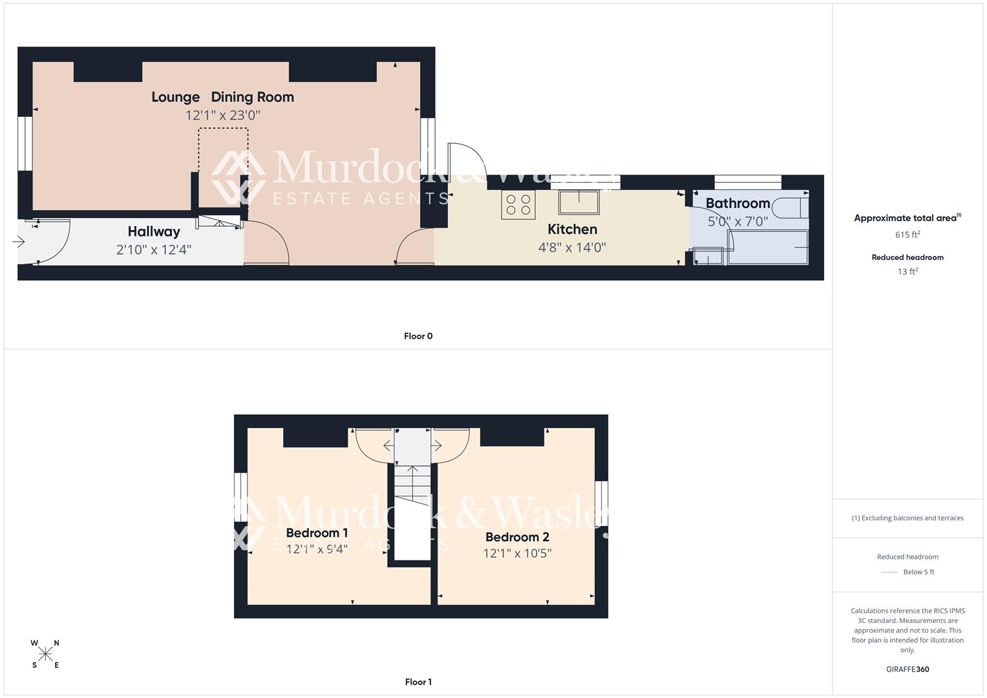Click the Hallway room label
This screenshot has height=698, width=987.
153,231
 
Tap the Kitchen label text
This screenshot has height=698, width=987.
572,229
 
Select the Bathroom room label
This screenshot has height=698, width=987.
738,203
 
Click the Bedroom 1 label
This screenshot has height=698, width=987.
317,533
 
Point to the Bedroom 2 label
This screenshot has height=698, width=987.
517,537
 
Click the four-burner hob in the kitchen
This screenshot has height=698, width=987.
518,205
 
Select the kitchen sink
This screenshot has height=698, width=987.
579,202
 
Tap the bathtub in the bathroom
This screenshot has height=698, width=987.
768,248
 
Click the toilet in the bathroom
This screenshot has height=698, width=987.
793,207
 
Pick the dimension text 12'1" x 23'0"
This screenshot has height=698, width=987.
222,115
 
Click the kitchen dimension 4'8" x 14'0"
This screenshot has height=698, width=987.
572,247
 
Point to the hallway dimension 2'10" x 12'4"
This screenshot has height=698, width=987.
153,249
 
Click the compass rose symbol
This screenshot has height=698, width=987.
45,654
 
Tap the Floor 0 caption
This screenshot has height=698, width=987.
418,336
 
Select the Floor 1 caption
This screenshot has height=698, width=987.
418,682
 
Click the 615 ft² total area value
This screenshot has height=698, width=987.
907,235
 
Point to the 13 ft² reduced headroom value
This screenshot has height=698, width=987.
907,271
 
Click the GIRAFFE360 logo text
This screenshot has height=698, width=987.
907,669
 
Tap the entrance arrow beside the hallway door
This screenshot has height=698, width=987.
18,242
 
